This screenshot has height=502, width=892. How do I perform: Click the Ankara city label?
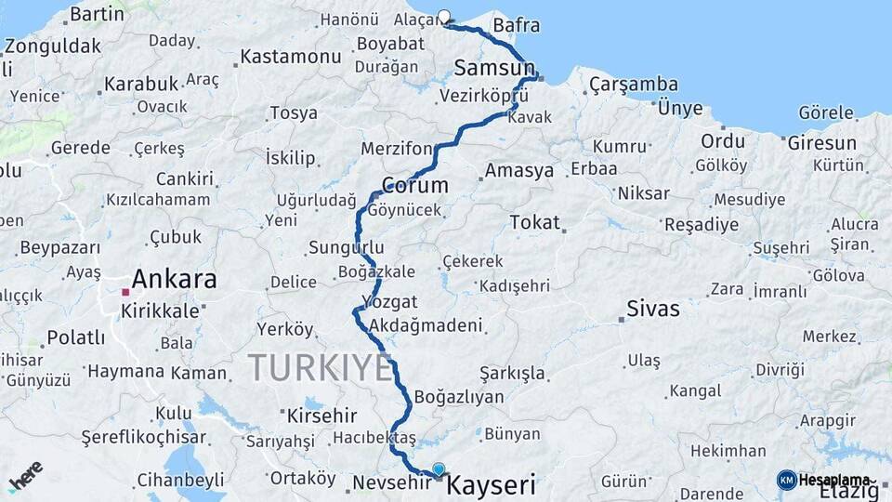coord(174,279)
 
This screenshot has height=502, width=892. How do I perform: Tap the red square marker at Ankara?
coord(125,292)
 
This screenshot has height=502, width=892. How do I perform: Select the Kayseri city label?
coord(492,484)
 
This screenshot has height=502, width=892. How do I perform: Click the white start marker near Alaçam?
coord(444,16)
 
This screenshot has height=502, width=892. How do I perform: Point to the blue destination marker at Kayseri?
coord(439,470)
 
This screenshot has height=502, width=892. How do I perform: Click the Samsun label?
coord(494,67)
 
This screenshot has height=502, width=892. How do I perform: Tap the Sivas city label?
coord(653,309)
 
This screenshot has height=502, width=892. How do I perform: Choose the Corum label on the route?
coord(414,185)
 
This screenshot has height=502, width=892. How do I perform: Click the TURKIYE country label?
coord(321,368)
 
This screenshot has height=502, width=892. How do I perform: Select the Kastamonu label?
coord(291,57)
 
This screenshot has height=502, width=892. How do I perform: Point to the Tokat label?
coord(534,222)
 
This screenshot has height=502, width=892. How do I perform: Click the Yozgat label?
coord(389,302)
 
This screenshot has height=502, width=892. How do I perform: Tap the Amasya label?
coord(518,171)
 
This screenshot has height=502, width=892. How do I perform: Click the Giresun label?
coord(821,143)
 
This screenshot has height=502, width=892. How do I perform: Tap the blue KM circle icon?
coord(786,480)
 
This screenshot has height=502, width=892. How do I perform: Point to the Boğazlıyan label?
coord(459,397)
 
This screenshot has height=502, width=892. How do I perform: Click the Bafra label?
coord(517,25)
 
